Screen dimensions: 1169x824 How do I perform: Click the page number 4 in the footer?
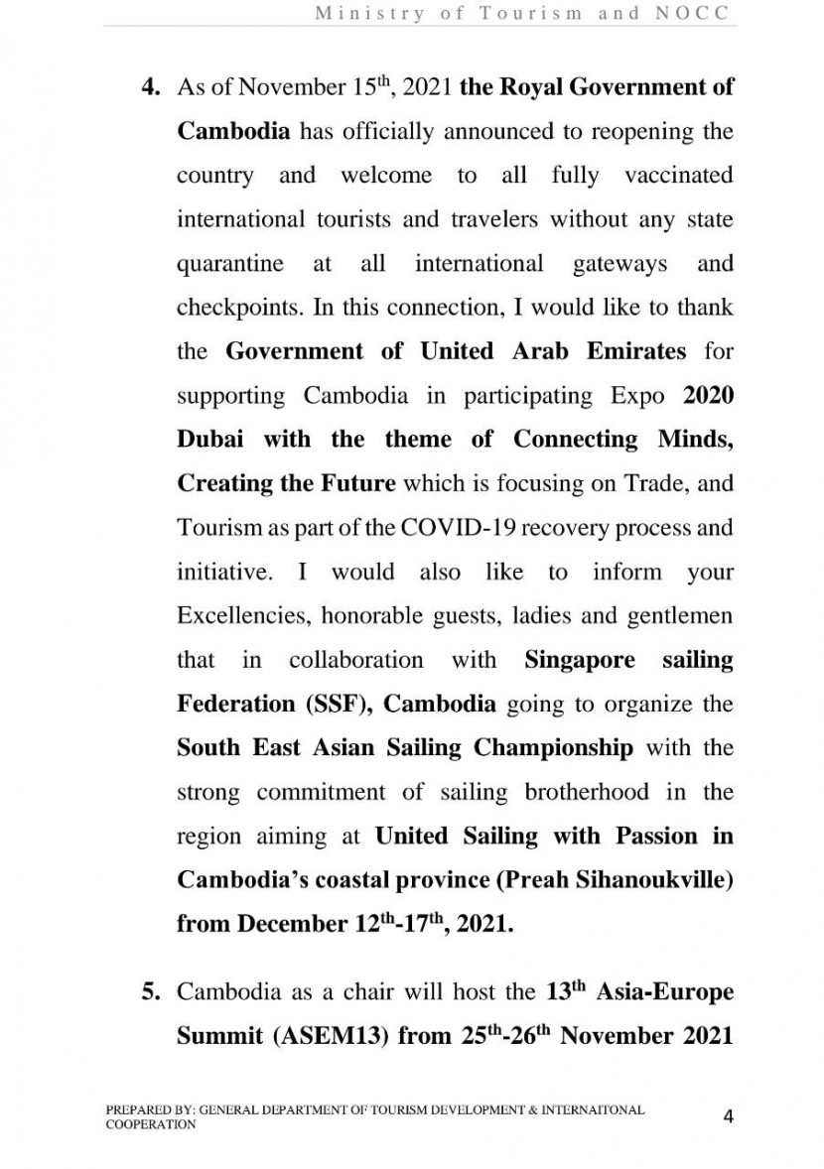[x=729, y=1116]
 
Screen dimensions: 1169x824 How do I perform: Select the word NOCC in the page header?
[x=694, y=13]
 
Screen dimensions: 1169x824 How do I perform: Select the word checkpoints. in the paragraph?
[x=239, y=308]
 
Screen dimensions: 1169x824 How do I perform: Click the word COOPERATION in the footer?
[x=151, y=1125]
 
